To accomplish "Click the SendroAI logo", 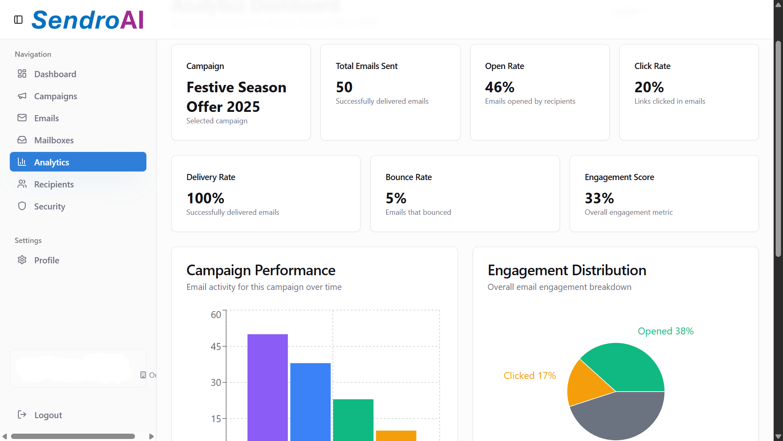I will point(88,20).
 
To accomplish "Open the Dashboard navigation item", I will point(55,74).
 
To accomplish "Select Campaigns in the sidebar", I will point(55,96).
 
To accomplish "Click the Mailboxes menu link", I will point(54,140).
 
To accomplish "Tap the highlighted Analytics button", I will point(78,162).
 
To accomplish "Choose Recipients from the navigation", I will point(54,184).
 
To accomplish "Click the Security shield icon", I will point(22,206).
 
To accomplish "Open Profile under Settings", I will point(46,260).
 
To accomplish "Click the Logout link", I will point(48,415).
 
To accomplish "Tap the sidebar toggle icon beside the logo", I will point(18,20).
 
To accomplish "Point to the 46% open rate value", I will point(500,87).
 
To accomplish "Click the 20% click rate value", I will point(649,87).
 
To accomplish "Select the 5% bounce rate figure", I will point(396,198).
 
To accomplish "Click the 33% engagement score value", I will point(599,198).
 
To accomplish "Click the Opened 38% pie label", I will point(666,331).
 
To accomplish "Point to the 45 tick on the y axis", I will point(216,347).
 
